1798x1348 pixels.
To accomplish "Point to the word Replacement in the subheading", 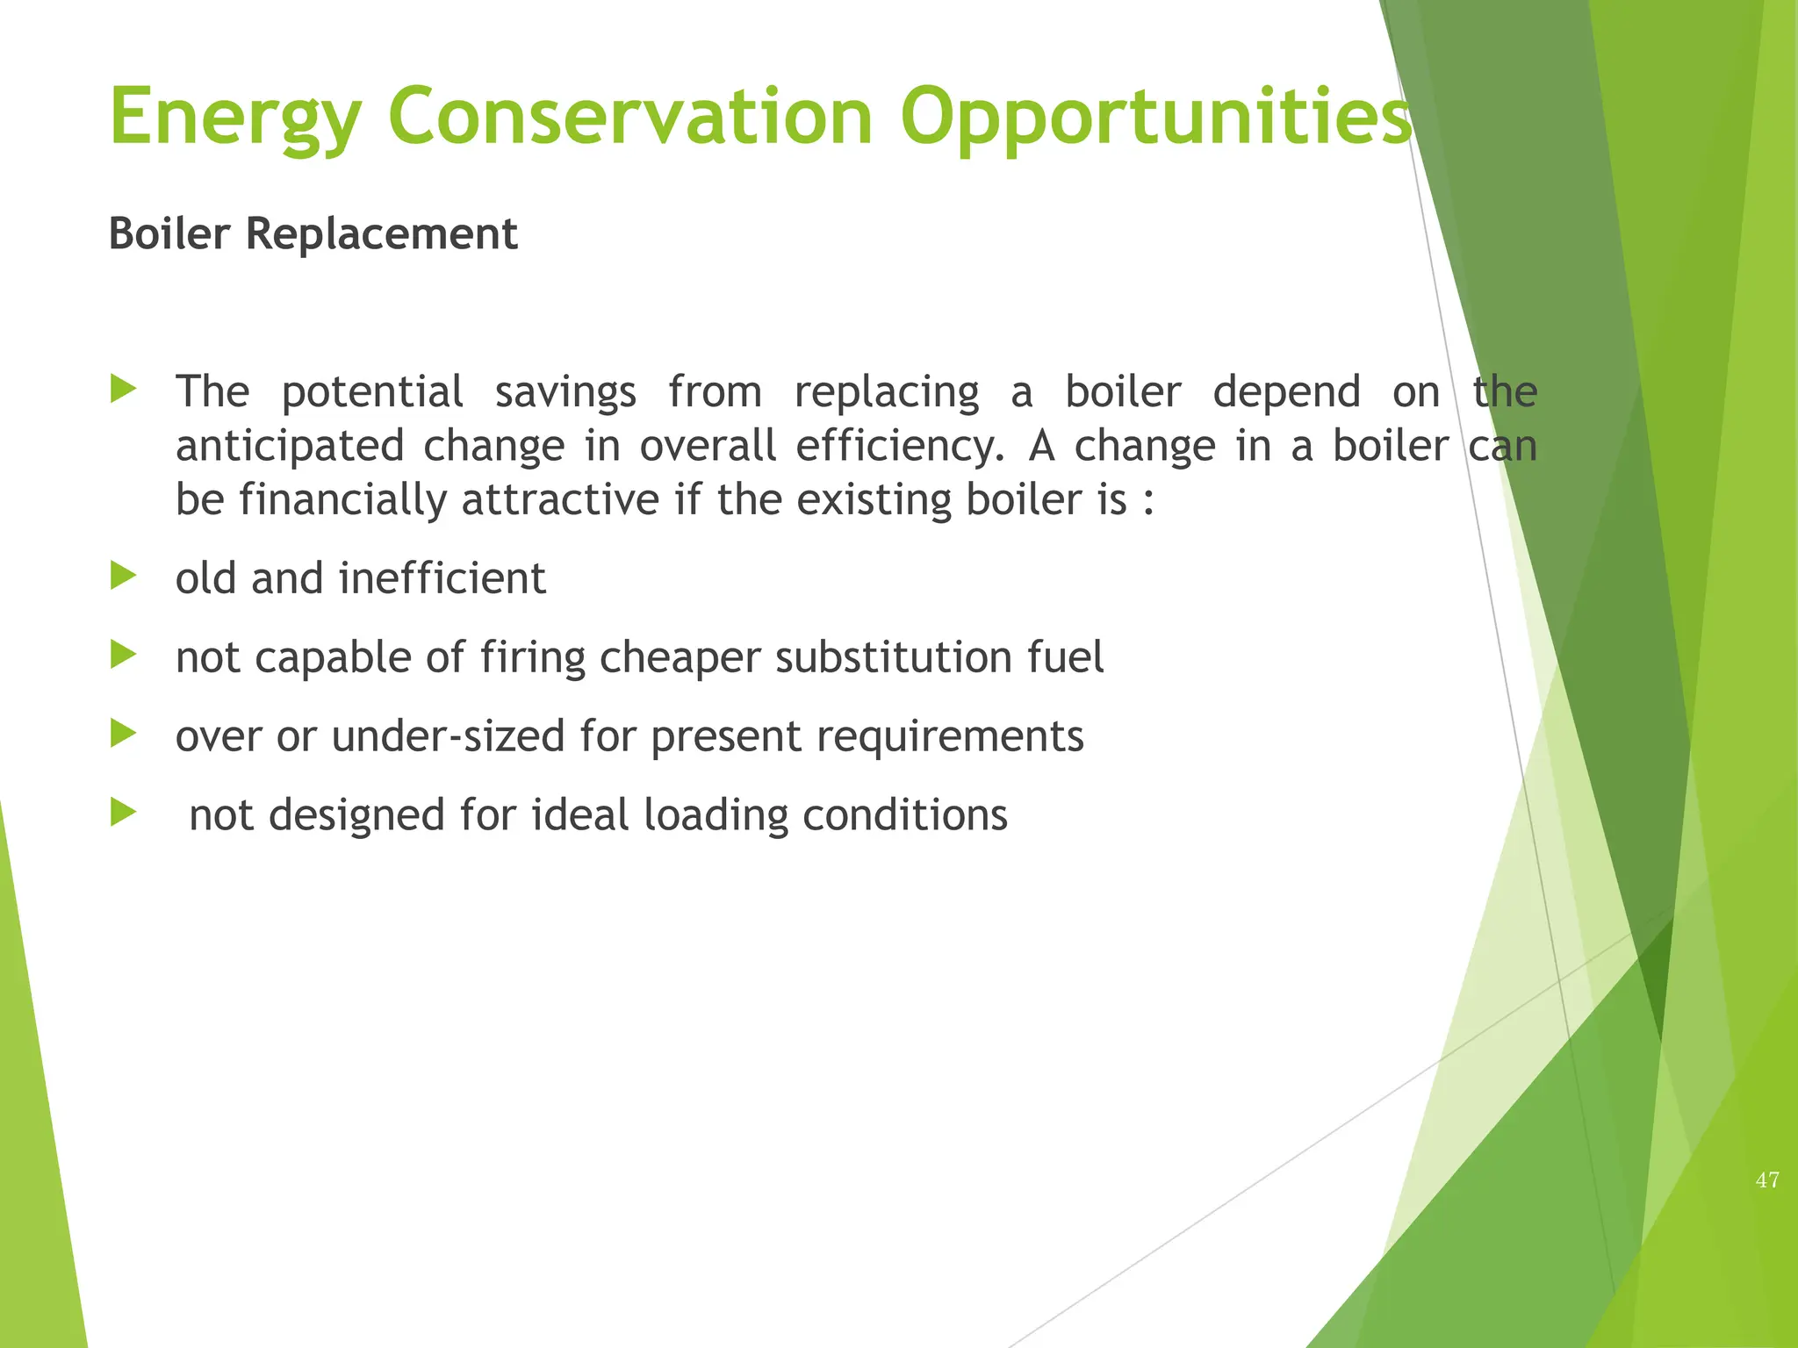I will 382,234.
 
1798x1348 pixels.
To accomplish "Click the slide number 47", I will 1767,1180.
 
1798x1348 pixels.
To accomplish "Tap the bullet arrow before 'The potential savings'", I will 124,390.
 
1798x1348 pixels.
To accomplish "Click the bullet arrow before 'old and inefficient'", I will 124,577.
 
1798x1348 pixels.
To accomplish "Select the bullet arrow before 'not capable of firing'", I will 124,656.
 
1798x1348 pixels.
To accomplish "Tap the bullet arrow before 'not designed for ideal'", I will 124,814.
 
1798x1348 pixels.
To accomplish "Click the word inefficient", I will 442,578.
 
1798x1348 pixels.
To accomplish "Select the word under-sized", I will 448,736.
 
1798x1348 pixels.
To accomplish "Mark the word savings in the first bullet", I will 565,392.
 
